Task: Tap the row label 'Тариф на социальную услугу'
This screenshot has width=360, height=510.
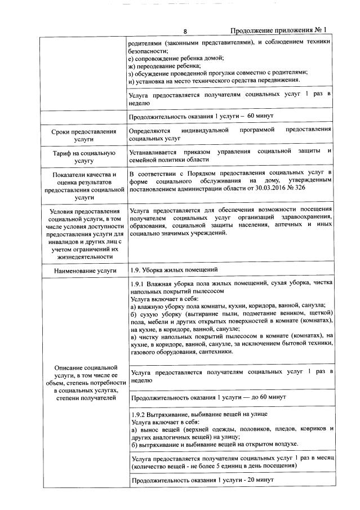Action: pyautogui.click(x=83, y=156)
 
